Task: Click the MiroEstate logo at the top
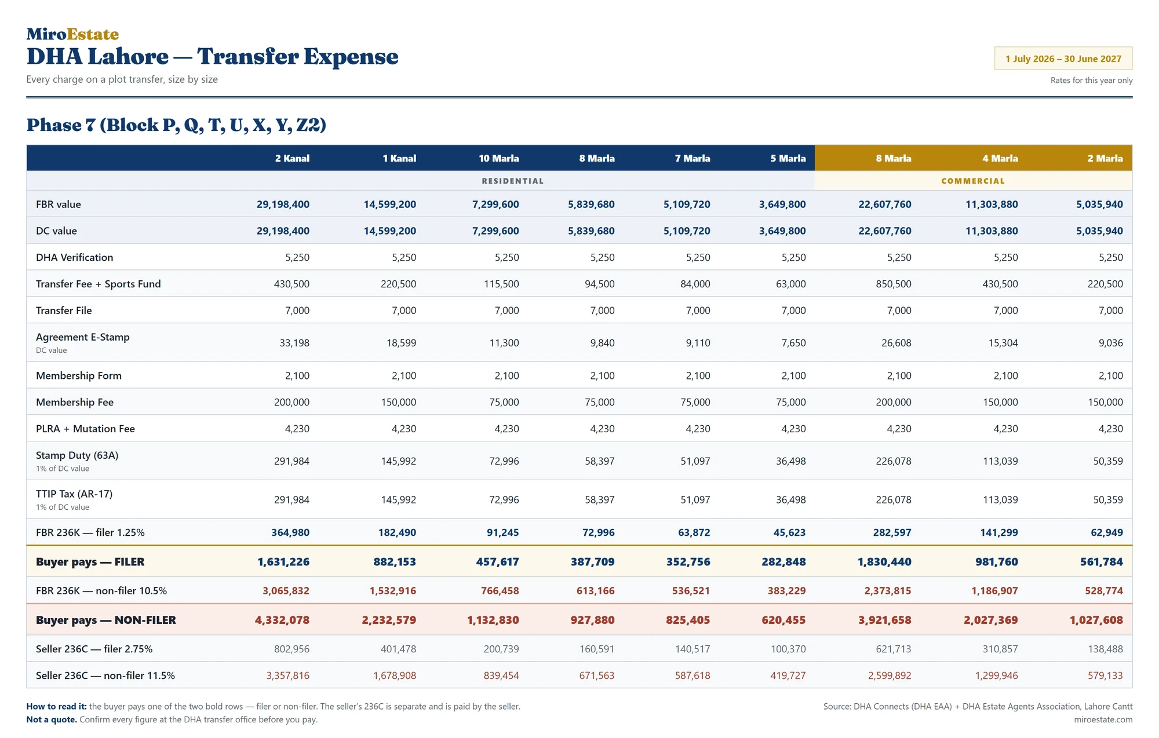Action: (72, 34)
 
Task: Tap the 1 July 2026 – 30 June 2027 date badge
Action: (1063, 59)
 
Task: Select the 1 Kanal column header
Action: (399, 158)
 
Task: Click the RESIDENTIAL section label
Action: (513, 181)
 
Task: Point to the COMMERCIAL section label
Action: (973, 181)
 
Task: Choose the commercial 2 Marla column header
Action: (1105, 158)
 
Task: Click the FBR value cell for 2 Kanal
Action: (283, 204)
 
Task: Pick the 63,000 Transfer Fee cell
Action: (790, 284)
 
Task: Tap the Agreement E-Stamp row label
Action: (83, 337)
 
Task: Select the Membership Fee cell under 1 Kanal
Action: (399, 402)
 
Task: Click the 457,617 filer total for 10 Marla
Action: (497, 562)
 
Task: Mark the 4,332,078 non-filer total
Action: (282, 620)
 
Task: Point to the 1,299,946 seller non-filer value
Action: (996, 675)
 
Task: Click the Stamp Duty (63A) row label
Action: (77, 455)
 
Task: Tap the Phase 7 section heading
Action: (176, 125)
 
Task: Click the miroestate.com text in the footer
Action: (1103, 719)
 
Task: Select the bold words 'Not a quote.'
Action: (52, 719)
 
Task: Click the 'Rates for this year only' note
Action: (1091, 81)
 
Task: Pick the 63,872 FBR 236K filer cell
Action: (694, 532)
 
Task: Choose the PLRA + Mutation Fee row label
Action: (85, 429)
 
